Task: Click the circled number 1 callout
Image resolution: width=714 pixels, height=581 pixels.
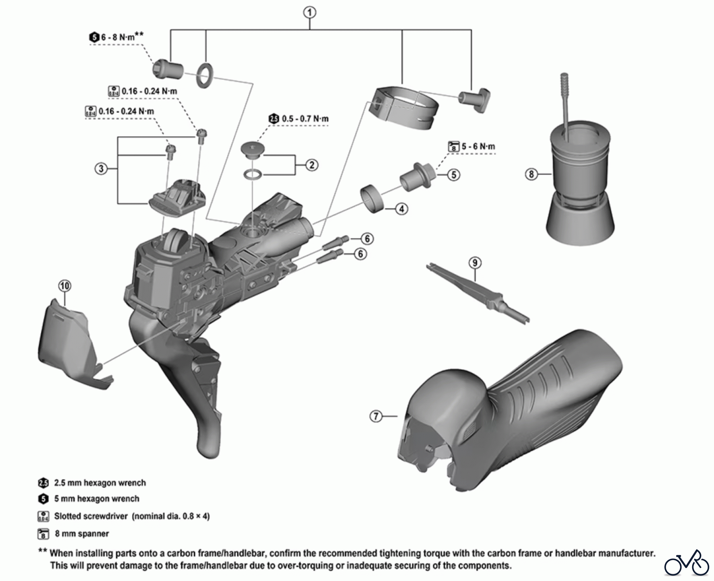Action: [x=310, y=13]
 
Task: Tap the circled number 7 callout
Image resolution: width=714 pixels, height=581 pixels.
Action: [x=376, y=416]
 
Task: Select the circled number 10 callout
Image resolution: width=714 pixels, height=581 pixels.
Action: [x=65, y=286]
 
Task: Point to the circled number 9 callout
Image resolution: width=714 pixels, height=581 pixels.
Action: [x=475, y=263]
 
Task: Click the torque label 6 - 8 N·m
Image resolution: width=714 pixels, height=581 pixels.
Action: [x=117, y=37]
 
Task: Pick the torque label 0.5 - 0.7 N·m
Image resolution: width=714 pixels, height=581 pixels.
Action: [x=305, y=119]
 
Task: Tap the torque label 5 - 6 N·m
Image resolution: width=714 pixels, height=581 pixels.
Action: [x=478, y=146]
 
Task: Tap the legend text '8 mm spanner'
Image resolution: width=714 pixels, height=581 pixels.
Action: [x=82, y=534]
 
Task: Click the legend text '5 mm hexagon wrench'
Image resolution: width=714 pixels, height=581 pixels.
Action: [x=96, y=499]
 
